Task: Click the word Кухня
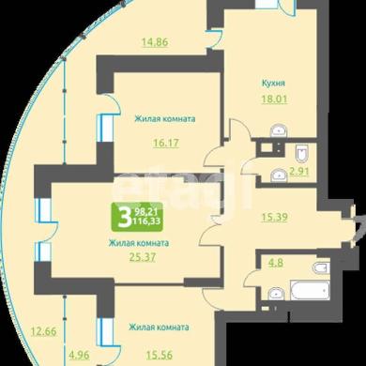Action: pos(273,84)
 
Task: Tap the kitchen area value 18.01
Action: pos(274,99)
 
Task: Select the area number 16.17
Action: pos(166,143)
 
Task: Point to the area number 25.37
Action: pos(143,257)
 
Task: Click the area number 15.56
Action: pos(160,355)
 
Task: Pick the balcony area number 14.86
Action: pos(155,41)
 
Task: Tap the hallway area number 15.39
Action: pos(274,217)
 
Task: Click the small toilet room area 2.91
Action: pos(299,171)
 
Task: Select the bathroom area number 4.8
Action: pos(276,263)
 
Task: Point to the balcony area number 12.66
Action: pos(44,331)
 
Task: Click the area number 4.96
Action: pos(79,355)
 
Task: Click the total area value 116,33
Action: pos(146,221)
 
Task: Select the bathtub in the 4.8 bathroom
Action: pos(311,290)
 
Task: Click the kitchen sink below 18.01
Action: pos(279,130)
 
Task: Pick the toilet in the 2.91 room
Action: pos(302,153)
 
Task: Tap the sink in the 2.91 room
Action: pos(279,175)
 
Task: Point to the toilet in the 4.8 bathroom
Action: pos(321,267)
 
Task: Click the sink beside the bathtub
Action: pos(276,294)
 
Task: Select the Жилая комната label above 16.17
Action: pos(165,119)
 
